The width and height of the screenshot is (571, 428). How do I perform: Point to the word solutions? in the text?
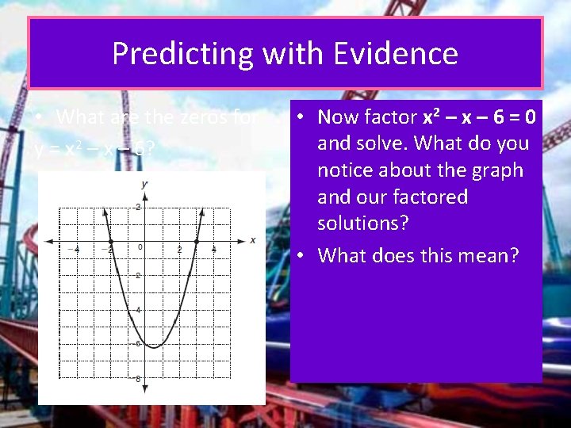coord(363,224)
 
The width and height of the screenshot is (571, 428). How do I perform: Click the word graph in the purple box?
coord(496,170)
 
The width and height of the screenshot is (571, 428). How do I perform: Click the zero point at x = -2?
coord(111,240)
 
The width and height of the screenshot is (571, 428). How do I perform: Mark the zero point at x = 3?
coord(197,240)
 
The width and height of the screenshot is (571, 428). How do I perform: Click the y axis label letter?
coord(144,184)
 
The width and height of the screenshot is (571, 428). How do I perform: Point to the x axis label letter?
coord(253,240)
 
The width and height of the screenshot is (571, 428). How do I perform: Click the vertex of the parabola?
coord(154,347)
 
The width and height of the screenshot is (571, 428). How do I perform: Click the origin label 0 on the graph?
coord(140,248)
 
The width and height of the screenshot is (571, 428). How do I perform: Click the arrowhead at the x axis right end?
coord(243,240)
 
